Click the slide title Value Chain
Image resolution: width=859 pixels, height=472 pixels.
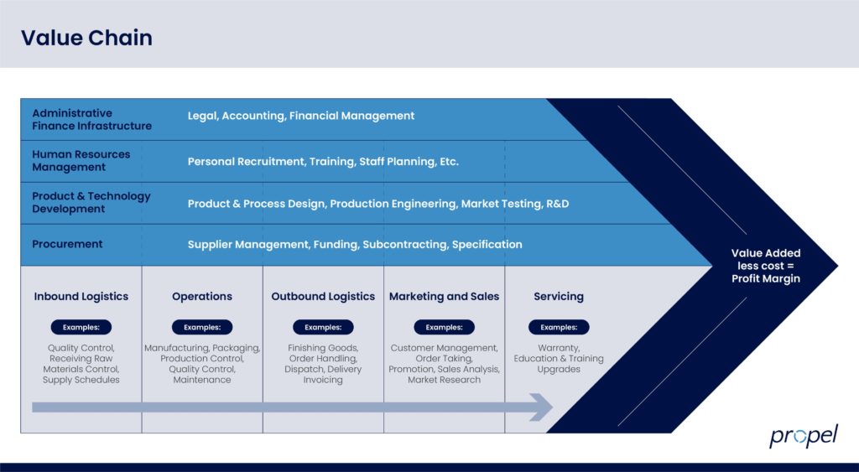pos(86,38)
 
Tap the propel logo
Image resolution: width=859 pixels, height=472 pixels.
pos(803,436)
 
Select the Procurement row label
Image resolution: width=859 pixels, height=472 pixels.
pos(67,244)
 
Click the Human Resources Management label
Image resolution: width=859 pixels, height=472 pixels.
pos(81,160)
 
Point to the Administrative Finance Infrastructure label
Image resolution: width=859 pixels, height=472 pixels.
pos(91,119)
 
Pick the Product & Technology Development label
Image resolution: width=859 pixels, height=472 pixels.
pos(91,202)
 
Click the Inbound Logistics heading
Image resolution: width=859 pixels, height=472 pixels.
pos(81,296)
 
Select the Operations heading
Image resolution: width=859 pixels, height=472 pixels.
pos(202,296)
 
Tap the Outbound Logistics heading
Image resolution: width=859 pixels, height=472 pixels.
pos(323,296)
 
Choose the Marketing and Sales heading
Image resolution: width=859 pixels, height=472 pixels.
pos(444,296)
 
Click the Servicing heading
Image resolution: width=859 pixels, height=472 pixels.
pos(559,296)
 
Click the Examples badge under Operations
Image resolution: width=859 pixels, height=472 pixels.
pos(202,327)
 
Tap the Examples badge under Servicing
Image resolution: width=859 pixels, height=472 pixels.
pos(559,327)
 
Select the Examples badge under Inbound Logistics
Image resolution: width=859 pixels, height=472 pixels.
pos(81,327)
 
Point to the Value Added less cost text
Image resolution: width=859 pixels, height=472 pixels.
pos(766,265)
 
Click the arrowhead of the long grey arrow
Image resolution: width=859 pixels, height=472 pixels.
pos(542,407)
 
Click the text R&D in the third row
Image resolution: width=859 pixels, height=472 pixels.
pos(558,204)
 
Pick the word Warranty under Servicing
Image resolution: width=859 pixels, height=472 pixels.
pos(559,348)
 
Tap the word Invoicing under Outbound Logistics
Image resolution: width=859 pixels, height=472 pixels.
pos(323,380)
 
